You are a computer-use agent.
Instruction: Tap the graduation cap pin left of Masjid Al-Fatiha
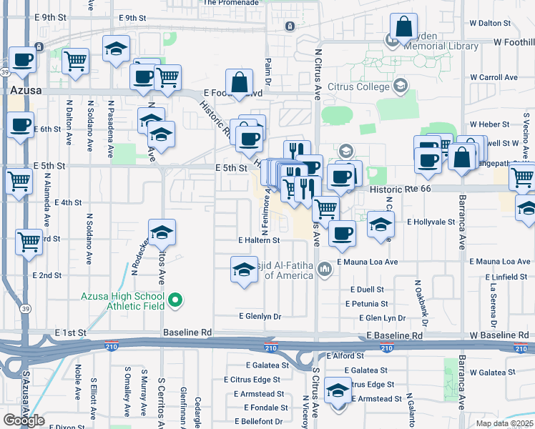click(x=244, y=270)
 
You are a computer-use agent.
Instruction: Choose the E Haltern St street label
click(x=259, y=240)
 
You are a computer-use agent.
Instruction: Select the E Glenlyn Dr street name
click(x=260, y=315)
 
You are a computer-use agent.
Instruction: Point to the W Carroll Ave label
click(x=494, y=77)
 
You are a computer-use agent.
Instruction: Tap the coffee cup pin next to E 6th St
click(x=19, y=127)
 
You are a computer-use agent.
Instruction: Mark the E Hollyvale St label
click(x=431, y=222)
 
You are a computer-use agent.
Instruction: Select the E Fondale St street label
click(x=265, y=408)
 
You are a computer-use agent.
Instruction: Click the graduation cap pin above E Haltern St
click(x=162, y=233)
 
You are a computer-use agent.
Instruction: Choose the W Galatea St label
click(x=494, y=372)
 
